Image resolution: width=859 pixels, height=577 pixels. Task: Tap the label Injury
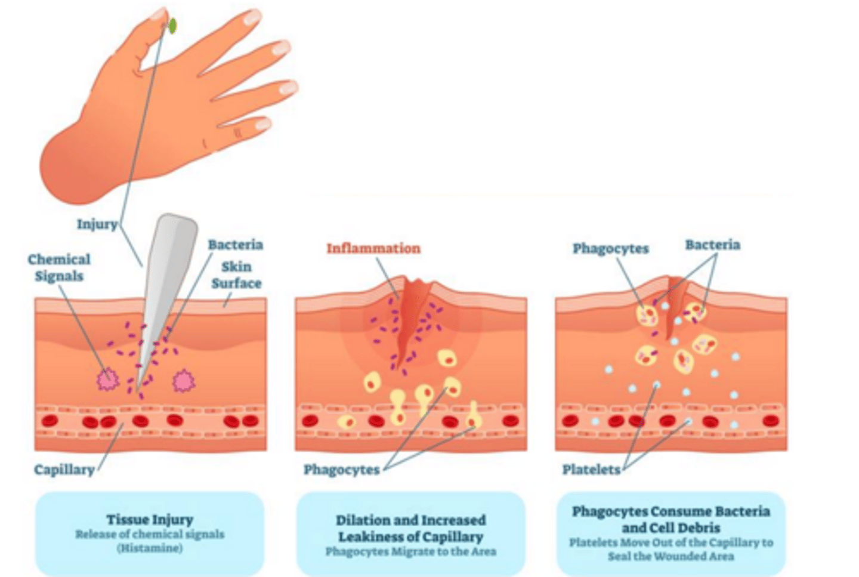97,224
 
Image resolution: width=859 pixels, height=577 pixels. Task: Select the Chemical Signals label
59,267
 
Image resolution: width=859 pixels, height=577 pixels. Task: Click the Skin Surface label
236,275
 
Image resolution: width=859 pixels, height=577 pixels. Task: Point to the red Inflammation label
373,248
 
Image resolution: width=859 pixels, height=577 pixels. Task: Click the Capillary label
64,470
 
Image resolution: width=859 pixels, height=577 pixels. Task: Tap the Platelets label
591,470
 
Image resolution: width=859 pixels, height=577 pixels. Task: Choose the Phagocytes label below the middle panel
341,470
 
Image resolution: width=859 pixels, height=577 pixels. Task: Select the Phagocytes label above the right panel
610,248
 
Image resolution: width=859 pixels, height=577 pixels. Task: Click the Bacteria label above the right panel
712,245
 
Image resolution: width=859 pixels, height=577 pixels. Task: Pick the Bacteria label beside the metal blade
235,245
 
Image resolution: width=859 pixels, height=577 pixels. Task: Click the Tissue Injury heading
150,519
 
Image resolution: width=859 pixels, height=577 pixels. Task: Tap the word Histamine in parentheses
150,548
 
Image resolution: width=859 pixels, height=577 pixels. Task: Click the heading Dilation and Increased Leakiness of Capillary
410,528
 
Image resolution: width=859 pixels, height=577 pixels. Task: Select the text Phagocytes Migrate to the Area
410,551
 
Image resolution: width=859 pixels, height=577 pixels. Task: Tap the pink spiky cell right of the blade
184,381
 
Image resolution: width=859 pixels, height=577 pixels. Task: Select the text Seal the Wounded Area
670,556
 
